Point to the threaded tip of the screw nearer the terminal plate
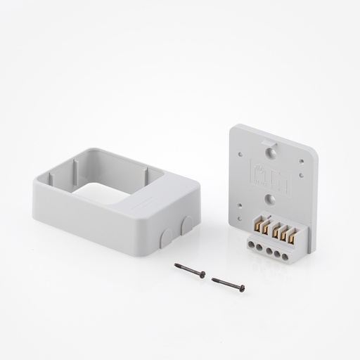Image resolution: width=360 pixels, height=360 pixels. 213,280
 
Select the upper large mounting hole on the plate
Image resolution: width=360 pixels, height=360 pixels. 269,150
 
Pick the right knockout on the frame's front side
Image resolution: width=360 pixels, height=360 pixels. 187,225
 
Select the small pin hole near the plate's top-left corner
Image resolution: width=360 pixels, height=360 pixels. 242,150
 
